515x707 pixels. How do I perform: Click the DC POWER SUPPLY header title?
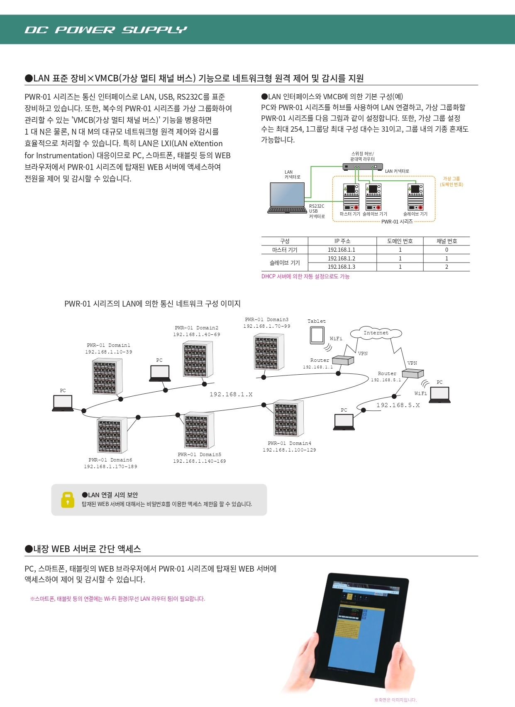106,30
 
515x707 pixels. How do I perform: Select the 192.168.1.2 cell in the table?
342,258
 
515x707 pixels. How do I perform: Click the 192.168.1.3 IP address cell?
342,267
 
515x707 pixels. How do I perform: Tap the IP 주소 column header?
342,241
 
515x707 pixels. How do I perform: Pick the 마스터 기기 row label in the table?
285,250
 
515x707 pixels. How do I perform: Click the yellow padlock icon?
67,500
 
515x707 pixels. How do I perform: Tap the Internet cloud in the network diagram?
376,333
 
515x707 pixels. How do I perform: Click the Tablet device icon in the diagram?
317,335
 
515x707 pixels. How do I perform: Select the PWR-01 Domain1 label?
108,345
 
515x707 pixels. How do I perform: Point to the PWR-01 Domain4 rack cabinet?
288,418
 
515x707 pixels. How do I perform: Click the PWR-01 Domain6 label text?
110,460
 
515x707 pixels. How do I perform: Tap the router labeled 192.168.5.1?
412,374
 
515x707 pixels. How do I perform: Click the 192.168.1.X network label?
231,394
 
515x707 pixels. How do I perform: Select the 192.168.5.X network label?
398,405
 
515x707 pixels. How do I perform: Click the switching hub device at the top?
363,167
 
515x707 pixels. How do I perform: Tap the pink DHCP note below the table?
305,277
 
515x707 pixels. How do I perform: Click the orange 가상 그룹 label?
452,181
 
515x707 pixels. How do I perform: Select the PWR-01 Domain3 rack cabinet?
268,352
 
